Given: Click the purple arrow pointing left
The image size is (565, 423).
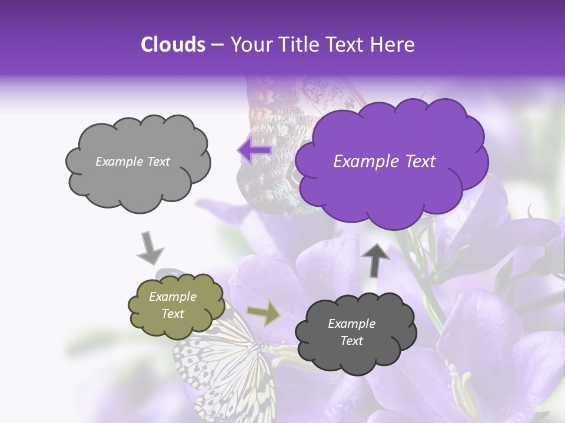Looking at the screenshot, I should pos(254,151).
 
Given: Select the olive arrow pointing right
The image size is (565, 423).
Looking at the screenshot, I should pos(263,314).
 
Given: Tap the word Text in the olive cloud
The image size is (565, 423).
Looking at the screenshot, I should pos(173,314).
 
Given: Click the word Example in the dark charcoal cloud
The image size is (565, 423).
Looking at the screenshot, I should pos(351,324).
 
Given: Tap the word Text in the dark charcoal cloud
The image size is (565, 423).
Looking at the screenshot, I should pos(351,341).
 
